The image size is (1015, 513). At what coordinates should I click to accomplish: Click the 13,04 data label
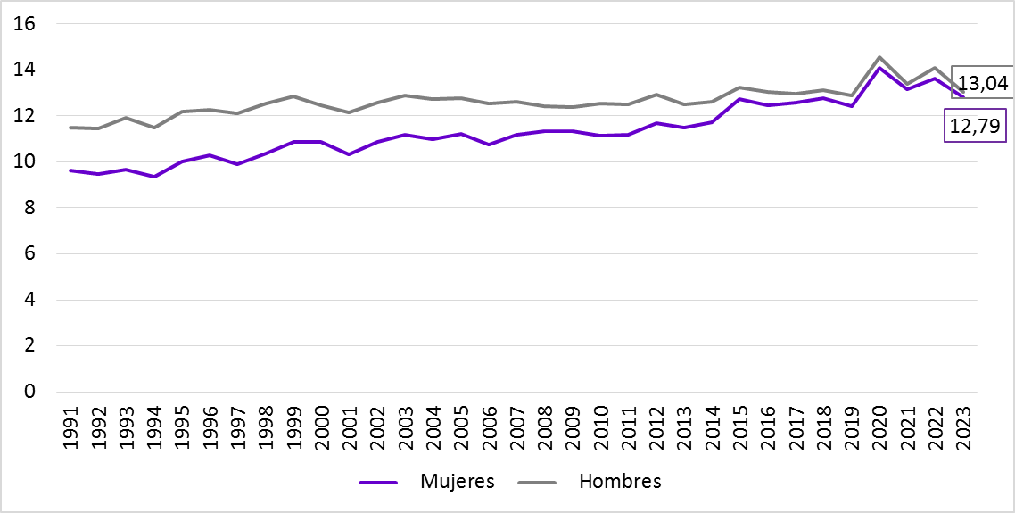[982, 85]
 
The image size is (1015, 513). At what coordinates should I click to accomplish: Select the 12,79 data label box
[975, 128]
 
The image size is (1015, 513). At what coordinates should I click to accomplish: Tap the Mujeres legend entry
[457, 482]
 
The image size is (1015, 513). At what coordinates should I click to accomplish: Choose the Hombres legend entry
[620, 482]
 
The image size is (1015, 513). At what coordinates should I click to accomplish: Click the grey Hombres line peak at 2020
[879, 57]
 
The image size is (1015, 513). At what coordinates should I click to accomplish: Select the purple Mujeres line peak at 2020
[879, 68]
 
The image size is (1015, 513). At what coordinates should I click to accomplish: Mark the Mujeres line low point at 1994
[154, 177]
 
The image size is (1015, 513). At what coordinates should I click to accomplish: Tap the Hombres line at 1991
[71, 128]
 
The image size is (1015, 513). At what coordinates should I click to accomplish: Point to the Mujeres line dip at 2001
[350, 154]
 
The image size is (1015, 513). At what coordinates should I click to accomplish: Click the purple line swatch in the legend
[378, 482]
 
